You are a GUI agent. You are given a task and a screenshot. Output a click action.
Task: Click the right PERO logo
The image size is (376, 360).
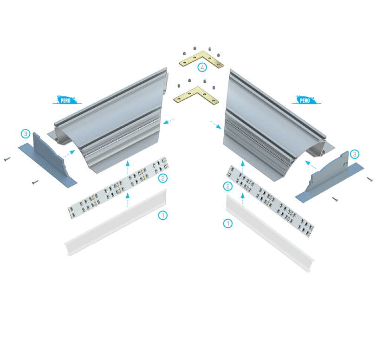point(306,100)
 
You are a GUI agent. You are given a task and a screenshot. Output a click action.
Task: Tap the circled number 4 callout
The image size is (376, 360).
point(202,67)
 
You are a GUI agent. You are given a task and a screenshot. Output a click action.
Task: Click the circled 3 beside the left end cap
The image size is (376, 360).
point(26,134)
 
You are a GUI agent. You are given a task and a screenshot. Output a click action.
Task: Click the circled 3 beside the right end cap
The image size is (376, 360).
point(355,154)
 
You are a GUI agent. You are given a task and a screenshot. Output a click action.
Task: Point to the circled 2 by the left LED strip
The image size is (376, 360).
point(163,178)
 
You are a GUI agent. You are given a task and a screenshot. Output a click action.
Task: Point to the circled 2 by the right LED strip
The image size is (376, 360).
point(228,186)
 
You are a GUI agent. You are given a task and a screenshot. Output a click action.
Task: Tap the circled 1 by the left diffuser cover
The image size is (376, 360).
point(163,215)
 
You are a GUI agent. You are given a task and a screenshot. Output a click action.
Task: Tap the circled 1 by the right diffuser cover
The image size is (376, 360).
point(228,223)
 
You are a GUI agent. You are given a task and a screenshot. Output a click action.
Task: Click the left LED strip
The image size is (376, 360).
point(118,188)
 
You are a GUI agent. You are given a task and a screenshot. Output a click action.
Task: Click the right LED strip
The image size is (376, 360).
point(270,201)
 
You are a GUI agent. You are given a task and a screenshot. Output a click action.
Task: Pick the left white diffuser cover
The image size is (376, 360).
point(115,223)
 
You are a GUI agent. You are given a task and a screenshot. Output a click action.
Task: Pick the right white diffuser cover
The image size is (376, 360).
point(270,233)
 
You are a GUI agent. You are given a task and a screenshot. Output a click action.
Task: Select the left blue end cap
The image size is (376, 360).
point(48,160)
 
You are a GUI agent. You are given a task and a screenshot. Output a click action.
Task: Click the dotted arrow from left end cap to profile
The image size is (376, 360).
point(70,154)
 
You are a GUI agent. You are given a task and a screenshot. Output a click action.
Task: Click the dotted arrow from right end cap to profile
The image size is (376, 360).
point(311,165)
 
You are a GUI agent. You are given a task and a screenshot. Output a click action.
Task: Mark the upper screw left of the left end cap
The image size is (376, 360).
point(7,159)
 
